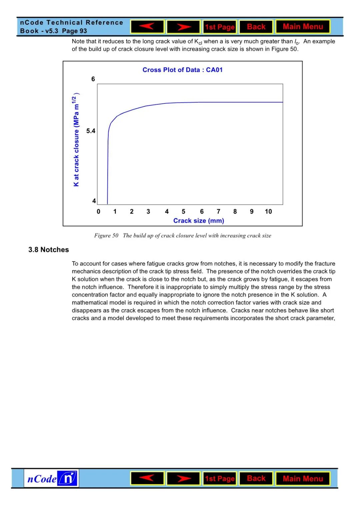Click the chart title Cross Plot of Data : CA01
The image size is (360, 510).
tap(182, 70)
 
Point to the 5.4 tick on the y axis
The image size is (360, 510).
tap(91, 131)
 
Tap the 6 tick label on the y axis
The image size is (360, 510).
tap(93, 79)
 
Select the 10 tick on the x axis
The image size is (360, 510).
tap(268, 211)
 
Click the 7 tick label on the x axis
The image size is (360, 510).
tap(218, 211)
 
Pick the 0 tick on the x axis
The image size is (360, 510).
tap(98, 211)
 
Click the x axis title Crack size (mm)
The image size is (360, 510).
tap(199, 220)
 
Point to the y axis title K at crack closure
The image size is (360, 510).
tap(76, 140)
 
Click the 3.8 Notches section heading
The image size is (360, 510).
tap(49, 249)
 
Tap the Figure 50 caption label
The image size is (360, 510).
tap(106, 235)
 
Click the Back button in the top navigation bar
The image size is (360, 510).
tap(256, 27)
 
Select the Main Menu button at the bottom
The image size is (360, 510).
tap(303, 479)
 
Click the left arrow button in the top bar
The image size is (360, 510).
tap(147, 27)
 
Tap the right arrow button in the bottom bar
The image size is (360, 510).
tap(183, 479)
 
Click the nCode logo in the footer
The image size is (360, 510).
tap(52, 479)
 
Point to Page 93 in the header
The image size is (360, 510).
tap(74, 31)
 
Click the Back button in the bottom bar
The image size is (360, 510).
tap(256, 479)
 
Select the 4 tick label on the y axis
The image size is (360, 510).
tap(94, 201)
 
